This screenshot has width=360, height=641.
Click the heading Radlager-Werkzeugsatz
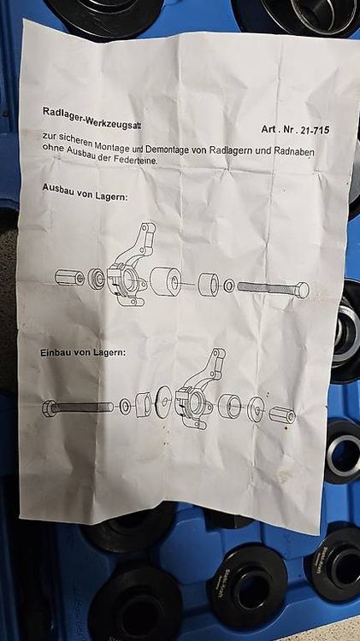91,118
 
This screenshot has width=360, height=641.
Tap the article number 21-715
315,130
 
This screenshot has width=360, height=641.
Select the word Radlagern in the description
230,150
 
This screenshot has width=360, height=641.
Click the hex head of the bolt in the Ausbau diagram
303,290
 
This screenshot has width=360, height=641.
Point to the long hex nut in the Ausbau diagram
69,277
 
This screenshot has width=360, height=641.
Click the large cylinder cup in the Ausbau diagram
166,281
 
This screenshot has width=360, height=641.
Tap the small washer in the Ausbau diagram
229,285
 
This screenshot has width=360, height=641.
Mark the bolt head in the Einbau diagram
49,409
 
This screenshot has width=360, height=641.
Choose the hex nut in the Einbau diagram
282,415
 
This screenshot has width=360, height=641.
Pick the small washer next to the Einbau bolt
125,408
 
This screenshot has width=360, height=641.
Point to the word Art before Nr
269,129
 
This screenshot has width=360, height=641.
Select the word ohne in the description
53,149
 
